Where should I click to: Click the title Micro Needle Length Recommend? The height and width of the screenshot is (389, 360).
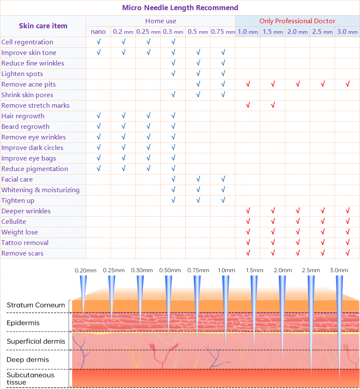[180, 8]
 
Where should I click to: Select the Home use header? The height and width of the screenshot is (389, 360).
[160, 21]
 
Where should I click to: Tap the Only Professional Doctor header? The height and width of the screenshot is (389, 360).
[297, 21]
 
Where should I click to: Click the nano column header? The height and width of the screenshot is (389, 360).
[98, 32]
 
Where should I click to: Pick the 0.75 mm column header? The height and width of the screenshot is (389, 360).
[223, 32]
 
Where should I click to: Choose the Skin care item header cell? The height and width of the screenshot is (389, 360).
[43, 26]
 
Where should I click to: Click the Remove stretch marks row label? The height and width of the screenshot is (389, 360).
[35, 105]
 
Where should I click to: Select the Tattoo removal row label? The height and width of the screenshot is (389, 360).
[25, 242]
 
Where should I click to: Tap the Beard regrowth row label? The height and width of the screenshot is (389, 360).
[25, 126]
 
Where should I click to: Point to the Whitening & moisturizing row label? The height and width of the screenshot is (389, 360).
[40, 190]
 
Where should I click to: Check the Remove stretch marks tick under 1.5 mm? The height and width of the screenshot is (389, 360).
[273, 105]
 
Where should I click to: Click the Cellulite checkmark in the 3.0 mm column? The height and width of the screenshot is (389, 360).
[347, 221]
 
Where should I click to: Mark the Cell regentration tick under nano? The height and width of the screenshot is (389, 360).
[98, 42]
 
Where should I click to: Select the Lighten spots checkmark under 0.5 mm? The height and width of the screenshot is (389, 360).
[198, 73]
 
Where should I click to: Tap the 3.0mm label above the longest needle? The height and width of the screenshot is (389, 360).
[339, 270]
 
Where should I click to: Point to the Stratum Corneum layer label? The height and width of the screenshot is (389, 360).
[36, 305]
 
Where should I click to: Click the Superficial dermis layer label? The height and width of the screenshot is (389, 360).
[36, 341]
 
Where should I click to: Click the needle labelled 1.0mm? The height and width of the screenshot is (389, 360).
[226, 308]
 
